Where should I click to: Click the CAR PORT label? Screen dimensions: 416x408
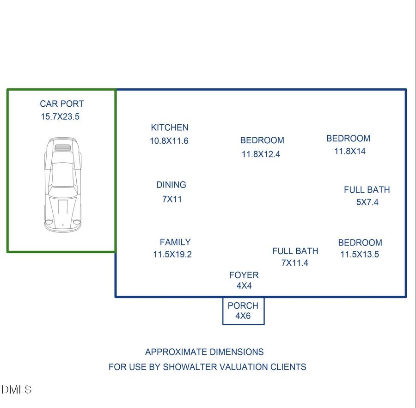click(62, 104)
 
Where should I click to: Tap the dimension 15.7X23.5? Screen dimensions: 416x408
click(60, 116)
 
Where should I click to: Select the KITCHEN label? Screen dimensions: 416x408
click(170, 128)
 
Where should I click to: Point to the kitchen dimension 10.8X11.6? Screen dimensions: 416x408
click(169, 140)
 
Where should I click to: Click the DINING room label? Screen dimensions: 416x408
click(171, 185)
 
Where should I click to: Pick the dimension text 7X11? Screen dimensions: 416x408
click(172, 199)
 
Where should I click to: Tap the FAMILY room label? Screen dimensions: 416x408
click(175, 242)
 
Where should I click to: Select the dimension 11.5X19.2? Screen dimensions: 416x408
click(172, 254)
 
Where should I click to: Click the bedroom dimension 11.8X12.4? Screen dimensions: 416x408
click(261, 154)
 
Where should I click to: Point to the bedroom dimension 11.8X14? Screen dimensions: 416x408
click(350, 151)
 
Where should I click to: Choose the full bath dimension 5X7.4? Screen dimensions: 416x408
click(367, 202)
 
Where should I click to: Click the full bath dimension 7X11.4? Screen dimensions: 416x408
click(295, 262)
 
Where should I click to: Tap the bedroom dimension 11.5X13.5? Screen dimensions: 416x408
click(360, 254)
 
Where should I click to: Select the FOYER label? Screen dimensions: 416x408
click(244, 275)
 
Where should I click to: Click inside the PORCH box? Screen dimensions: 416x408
click(243, 311)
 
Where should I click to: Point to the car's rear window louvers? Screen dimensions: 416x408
click(62, 147)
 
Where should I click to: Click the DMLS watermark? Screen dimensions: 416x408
click(17, 390)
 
